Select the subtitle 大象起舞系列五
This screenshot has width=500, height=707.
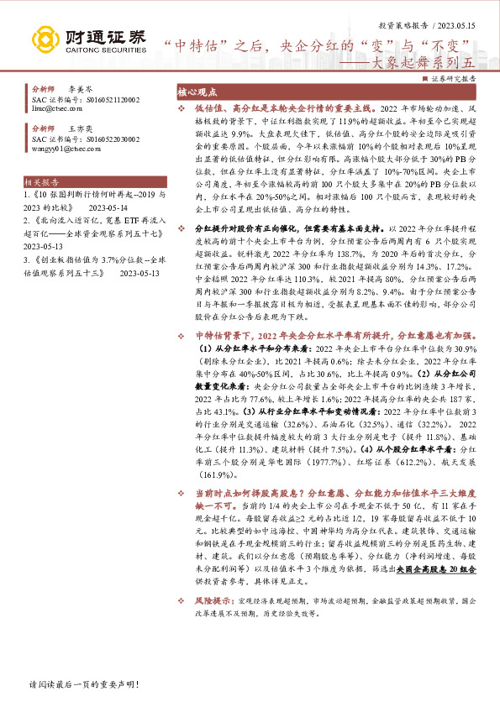pyautogui.click(x=434, y=61)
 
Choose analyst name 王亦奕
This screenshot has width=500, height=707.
pyautogui.click(x=80, y=129)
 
